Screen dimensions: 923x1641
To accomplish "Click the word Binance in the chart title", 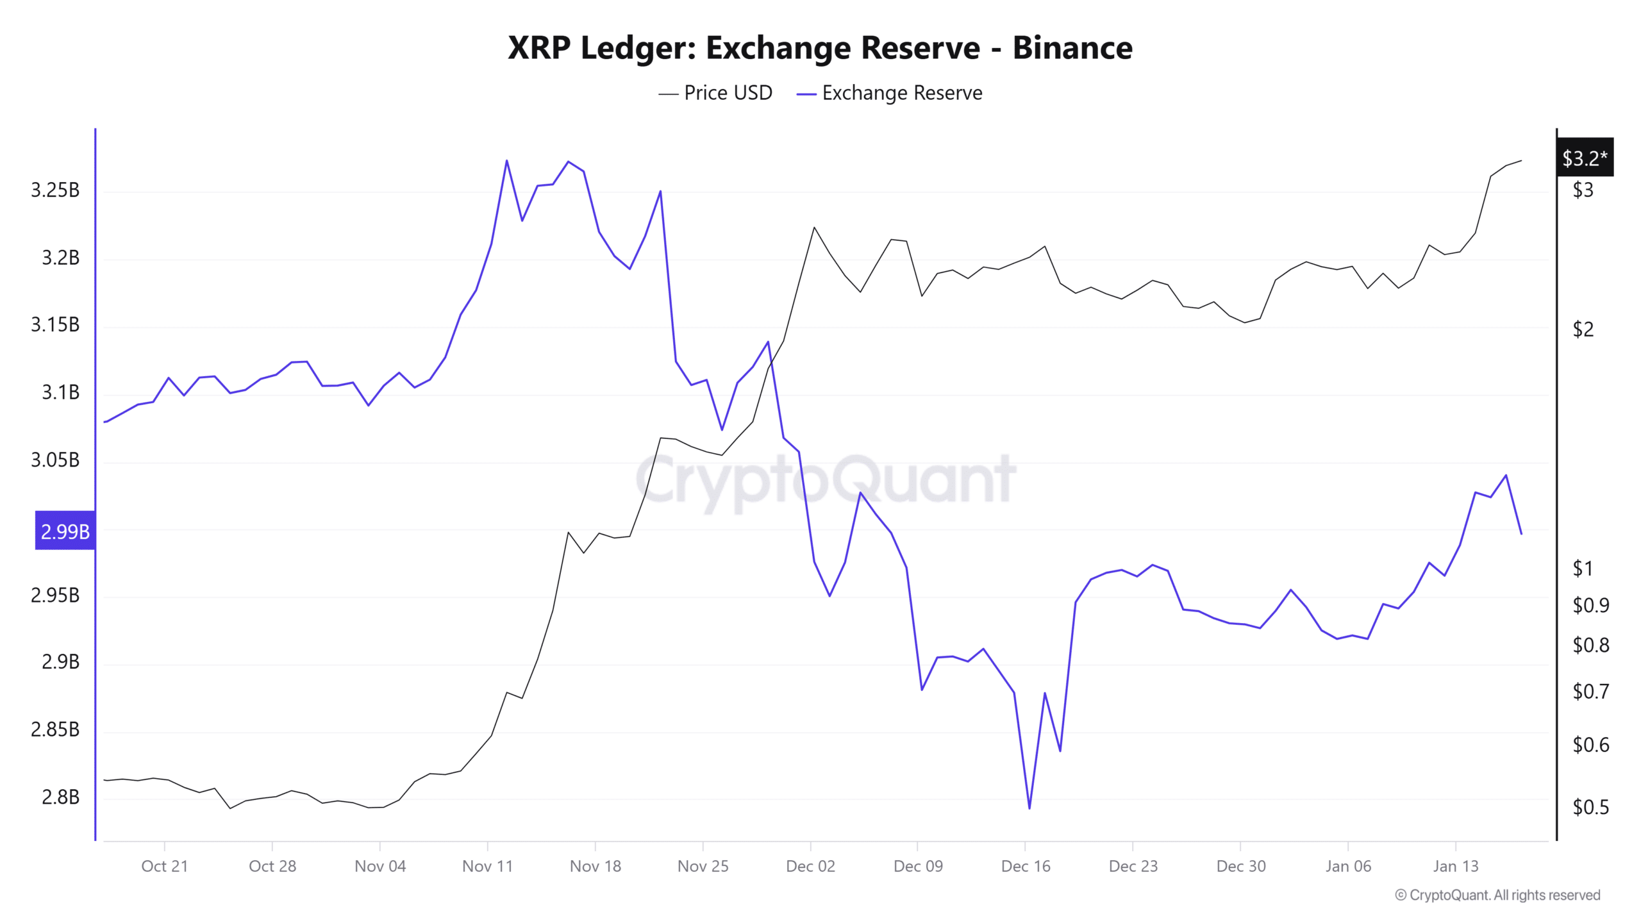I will [1072, 48].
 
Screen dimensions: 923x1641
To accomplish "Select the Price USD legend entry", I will [715, 93].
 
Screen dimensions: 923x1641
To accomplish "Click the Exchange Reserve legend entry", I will [890, 93].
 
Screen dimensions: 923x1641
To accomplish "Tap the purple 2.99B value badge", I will [65, 531].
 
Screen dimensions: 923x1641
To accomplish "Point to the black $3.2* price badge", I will [1585, 158].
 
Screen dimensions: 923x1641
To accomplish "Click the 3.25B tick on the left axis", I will [55, 190].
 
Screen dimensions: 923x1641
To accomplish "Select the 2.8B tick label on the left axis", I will [60, 797].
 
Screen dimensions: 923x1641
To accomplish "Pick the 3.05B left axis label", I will [55, 460].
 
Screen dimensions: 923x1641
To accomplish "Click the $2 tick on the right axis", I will [1583, 329].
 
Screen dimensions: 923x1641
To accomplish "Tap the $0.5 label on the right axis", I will [1590, 806].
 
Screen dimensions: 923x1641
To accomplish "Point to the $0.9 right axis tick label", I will [1590, 605].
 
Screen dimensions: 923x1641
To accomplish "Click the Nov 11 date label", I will [488, 866].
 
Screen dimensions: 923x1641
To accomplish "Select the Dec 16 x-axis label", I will [1026, 866].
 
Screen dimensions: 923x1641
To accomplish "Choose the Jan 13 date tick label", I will [1456, 866].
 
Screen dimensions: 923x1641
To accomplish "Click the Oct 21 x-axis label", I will [165, 866].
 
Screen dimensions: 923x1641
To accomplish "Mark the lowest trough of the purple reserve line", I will [1029, 808].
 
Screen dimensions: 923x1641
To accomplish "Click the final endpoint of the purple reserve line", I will [1521, 533].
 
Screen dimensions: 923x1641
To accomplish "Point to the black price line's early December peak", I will [814, 228].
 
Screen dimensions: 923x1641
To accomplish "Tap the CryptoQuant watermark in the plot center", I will [826, 479].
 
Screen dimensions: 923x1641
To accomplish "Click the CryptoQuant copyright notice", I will [1497, 895].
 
